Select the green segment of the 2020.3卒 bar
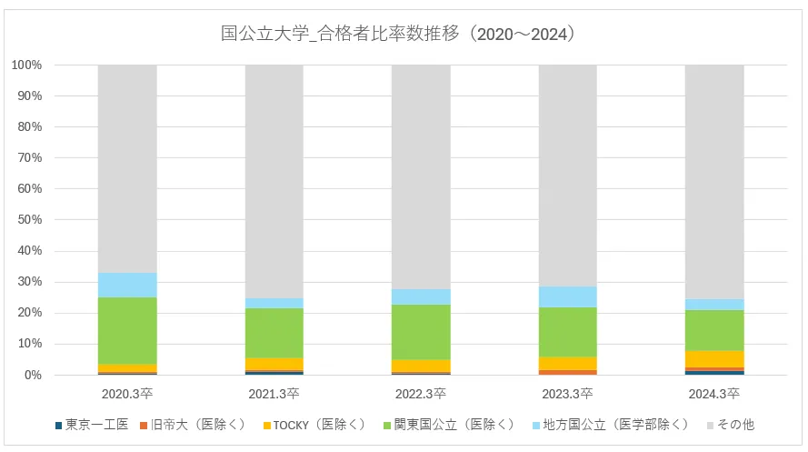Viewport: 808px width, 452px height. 127,330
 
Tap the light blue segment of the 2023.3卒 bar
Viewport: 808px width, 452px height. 568,296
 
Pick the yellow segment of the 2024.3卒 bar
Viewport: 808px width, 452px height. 714,359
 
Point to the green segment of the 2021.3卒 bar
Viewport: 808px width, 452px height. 274,333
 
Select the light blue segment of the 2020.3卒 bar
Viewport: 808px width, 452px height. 127,285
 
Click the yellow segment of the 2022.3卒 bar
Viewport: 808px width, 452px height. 421,366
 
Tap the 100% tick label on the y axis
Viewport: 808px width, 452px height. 27,65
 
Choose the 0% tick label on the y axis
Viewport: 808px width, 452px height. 33,375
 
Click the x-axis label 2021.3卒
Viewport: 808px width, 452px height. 274,395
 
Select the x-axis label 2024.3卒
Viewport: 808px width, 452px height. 714,395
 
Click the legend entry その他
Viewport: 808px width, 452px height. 734,425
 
